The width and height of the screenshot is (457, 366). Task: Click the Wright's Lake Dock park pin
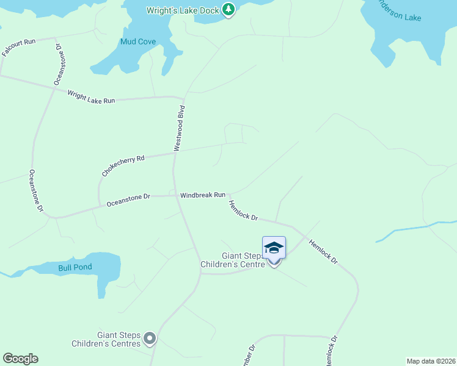pyautogui.click(x=228, y=10)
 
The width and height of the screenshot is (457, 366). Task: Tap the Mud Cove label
pyautogui.click(x=137, y=42)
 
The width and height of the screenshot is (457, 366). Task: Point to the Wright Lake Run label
pyautogui.click(x=91, y=96)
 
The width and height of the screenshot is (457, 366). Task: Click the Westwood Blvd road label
pyautogui.click(x=179, y=128)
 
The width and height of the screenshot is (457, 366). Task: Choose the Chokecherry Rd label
pyautogui.click(x=123, y=166)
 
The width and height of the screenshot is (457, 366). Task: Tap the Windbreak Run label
pyautogui.click(x=203, y=195)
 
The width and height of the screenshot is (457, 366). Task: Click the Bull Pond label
pyautogui.click(x=75, y=268)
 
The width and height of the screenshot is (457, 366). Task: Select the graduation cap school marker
pyautogui.click(x=274, y=248)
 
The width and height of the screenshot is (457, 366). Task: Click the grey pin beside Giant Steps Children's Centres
pyautogui.click(x=149, y=339)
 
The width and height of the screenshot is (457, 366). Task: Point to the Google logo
pyautogui.click(x=20, y=359)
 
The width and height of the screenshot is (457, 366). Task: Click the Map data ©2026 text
pyautogui.click(x=430, y=361)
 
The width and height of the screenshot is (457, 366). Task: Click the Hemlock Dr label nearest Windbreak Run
pyautogui.click(x=244, y=210)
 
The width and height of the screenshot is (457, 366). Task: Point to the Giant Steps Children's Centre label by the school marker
pyautogui.click(x=233, y=260)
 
